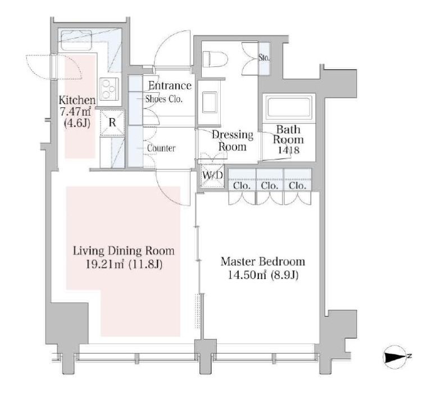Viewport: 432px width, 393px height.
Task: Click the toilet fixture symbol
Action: click(215, 59)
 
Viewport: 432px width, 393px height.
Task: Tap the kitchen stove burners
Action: click(109, 89)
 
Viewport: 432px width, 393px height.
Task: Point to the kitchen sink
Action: click(76, 40)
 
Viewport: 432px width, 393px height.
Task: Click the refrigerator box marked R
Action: click(112, 122)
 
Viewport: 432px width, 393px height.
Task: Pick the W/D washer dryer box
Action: click(212, 175)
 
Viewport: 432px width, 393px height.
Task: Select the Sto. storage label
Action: click(264, 58)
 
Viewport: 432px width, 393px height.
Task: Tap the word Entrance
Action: click(170, 85)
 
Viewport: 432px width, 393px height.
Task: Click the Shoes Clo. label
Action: click(164, 99)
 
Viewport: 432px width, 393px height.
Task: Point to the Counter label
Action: click(161, 148)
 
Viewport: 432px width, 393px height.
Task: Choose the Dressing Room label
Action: click(233, 141)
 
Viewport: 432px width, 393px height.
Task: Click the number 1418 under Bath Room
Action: click(288, 150)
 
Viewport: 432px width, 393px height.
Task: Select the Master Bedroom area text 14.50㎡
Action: click(247, 275)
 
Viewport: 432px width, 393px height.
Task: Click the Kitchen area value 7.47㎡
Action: click(75, 111)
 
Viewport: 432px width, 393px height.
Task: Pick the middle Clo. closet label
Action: click(270, 186)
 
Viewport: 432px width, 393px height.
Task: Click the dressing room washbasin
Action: click(210, 102)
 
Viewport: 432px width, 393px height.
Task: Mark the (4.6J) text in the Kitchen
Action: click(77, 123)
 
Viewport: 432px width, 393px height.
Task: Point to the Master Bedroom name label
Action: click(263, 261)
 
